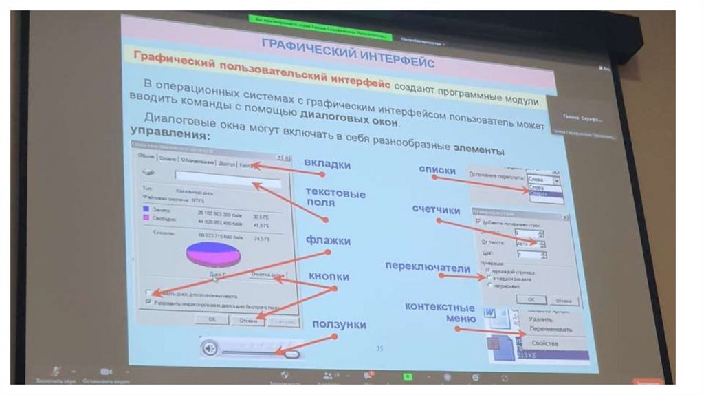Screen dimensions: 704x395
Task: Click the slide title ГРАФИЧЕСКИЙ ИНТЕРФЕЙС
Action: tap(347, 54)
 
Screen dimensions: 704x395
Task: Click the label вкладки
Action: tap(327, 165)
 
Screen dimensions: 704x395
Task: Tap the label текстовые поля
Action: tap(335, 198)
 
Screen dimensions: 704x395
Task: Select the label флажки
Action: tap(329, 241)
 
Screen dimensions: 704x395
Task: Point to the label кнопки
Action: tap(329, 275)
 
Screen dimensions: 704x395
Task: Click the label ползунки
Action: tap(339, 324)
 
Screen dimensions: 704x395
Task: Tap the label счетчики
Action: tap(436, 209)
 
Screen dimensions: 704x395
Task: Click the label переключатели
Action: tap(427, 267)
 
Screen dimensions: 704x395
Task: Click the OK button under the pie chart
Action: tap(212, 319)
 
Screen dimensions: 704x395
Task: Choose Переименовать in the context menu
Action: tap(551, 330)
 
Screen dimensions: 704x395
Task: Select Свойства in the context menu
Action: tap(544, 343)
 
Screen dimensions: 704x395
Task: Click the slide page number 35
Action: tap(379, 348)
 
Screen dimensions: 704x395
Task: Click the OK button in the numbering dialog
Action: tap(531, 299)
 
